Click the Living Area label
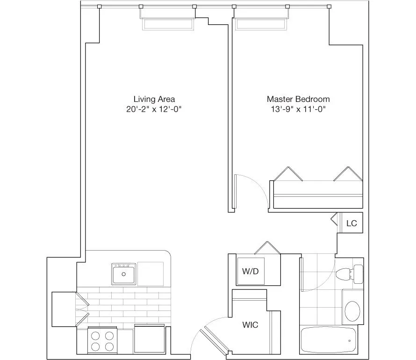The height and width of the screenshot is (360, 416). point(154,99)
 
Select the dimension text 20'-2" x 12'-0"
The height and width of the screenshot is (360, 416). point(154,110)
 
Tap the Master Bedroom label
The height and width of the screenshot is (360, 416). point(298,99)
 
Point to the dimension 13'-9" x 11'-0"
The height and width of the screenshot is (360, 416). point(298,110)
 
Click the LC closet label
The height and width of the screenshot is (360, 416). point(351,223)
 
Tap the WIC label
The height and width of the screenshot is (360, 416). point(250,324)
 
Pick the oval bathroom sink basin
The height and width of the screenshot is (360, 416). point(352,310)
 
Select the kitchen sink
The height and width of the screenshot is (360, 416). point(124,274)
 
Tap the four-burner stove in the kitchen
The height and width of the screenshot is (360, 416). point(102,340)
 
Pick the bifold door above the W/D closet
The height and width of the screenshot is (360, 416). point(267,248)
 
